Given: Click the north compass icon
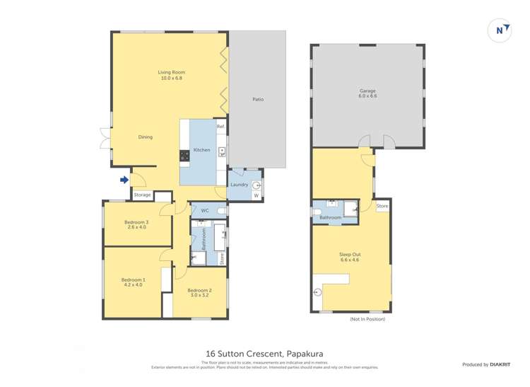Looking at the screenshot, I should pyautogui.click(x=500, y=30).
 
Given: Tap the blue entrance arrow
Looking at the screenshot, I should pyautogui.click(x=124, y=180).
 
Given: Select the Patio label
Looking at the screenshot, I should pyautogui.click(x=258, y=99).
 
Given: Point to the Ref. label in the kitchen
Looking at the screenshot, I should pyautogui.click(x=220, y=127).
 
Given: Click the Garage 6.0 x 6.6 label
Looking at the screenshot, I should pyautogui.click(x=367, y=93).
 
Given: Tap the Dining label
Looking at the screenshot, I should pyautogui.click(x=145, y=137).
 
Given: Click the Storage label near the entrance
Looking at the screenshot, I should pyautogui.click(x=142, y=195).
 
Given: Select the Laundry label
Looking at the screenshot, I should pyautogui.click(x=240, y=185).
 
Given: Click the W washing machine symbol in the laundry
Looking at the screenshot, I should pyautogui.click(x=256, y=195).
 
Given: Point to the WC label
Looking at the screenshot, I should pyautogui.click(x=204, y=211).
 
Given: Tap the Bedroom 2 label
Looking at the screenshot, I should pyautogui.click(x=199, y=293).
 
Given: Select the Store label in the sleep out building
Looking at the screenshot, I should pyautogui.click(x=382, y=206).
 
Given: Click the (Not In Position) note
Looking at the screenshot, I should pyautogui.click(x=367, y=320).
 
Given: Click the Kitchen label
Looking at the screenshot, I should pyautogui.click(x=202, y=150).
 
